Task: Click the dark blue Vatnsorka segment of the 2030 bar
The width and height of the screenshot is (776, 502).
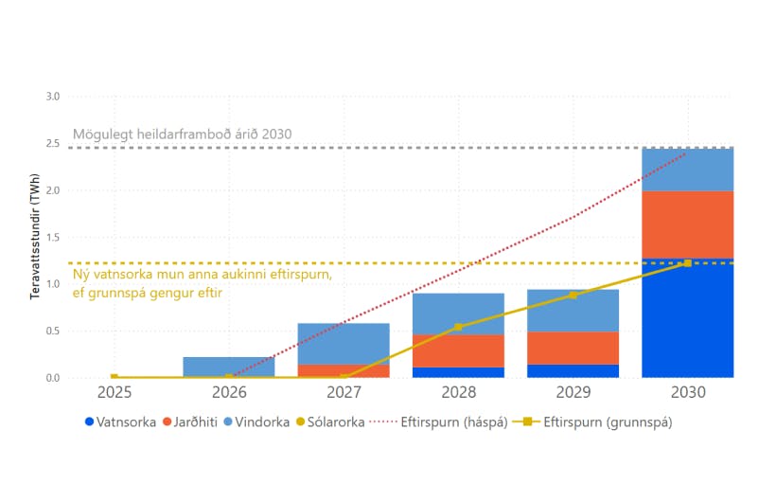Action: [687, 317]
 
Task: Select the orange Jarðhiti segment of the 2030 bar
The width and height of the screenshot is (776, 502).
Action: [687, 224]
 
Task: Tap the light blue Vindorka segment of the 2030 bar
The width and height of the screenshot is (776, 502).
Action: [687, 170]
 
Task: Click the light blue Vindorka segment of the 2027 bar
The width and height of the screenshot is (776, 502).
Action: [344, 343]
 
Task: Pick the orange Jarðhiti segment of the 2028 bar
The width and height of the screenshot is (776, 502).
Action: [458, 350]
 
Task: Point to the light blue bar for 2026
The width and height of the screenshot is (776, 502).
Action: [229, 366]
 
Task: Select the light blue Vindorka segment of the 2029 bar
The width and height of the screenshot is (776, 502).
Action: [573, 311]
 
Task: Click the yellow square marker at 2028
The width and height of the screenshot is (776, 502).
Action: [458, 327]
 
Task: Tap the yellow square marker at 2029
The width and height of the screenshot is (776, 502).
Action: [573, 296]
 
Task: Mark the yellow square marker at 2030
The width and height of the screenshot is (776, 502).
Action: [687, 263]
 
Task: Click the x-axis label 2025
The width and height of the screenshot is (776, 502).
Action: [115, 391]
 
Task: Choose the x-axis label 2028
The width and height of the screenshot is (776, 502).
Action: [458, 391]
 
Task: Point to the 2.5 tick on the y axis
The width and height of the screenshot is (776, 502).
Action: [52, 144]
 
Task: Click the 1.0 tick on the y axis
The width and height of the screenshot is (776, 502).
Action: [52, 284]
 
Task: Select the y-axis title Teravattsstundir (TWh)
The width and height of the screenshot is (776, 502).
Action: [34, 237]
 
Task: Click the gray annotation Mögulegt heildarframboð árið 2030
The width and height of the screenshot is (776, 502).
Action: [182, 134]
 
